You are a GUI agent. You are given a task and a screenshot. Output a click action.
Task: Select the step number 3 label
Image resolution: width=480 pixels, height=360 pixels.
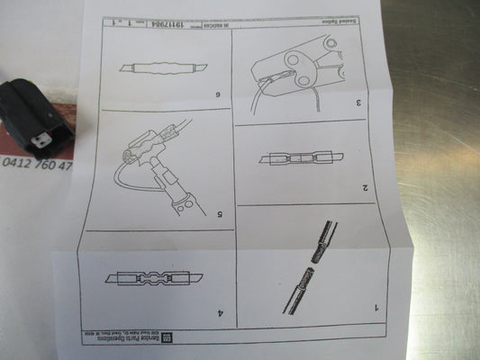(x=358, y=103)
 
